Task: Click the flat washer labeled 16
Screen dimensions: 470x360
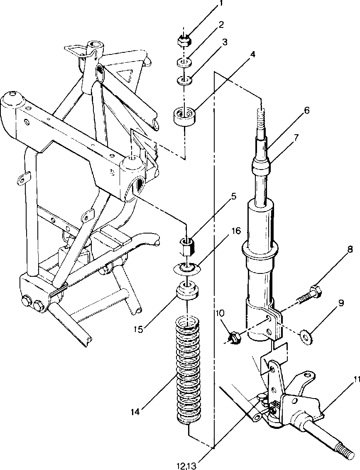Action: pos(187,268)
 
